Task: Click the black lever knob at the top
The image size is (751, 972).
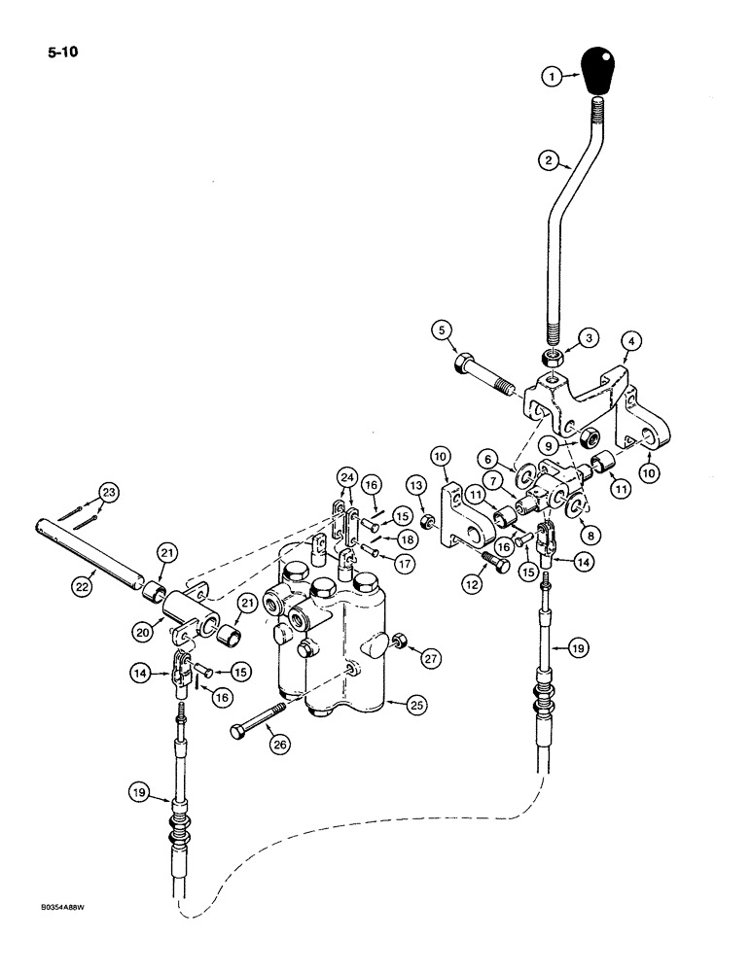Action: point(597,70)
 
